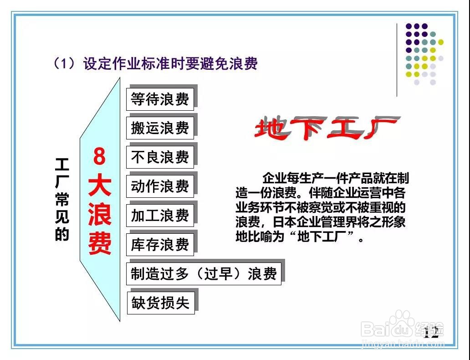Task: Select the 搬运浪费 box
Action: (160, 128)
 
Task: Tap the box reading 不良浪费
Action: (160, 157)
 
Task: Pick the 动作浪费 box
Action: (160, 186)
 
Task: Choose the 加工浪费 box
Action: (160, 215)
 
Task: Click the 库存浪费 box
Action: (160, 244)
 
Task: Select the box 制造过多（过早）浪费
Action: (204, 273)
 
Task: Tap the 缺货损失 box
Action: (160, 303)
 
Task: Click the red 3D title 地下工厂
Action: (326, 128)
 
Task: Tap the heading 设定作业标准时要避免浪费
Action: (170, 63)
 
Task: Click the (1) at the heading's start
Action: (64, 63)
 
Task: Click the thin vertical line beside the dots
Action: (397, 60)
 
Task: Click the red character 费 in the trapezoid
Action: (100, 244)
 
